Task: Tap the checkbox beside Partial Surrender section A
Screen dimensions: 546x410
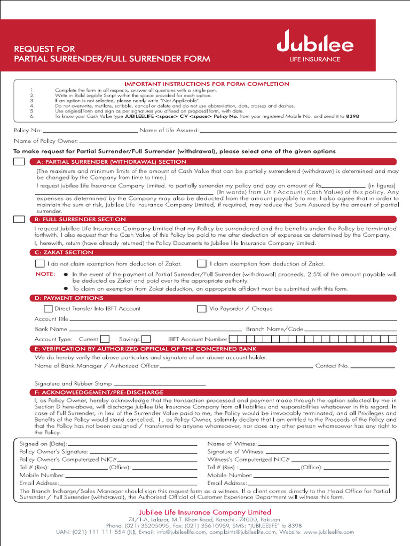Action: (19, 162)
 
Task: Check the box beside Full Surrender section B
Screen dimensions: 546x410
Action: (19, 219)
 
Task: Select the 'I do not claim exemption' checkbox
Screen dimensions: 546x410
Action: (40, 263)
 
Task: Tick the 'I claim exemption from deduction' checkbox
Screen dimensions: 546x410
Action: (202, 263)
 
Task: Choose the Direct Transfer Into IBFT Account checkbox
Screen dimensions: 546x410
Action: (48, 308)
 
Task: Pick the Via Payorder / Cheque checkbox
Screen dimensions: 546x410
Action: (202, 308)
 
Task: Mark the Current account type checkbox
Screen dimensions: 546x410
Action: (105, 339)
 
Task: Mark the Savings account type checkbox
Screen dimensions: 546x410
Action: (146, 339)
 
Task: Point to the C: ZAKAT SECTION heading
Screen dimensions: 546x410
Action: (64, 252)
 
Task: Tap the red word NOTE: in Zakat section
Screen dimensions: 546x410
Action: (45, 274)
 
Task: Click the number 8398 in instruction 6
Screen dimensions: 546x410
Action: (352, 116)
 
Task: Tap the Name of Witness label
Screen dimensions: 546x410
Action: (232, 444)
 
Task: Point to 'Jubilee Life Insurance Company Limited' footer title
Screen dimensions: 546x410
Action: (205, 512)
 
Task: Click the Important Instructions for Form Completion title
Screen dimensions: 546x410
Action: (207, 84)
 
